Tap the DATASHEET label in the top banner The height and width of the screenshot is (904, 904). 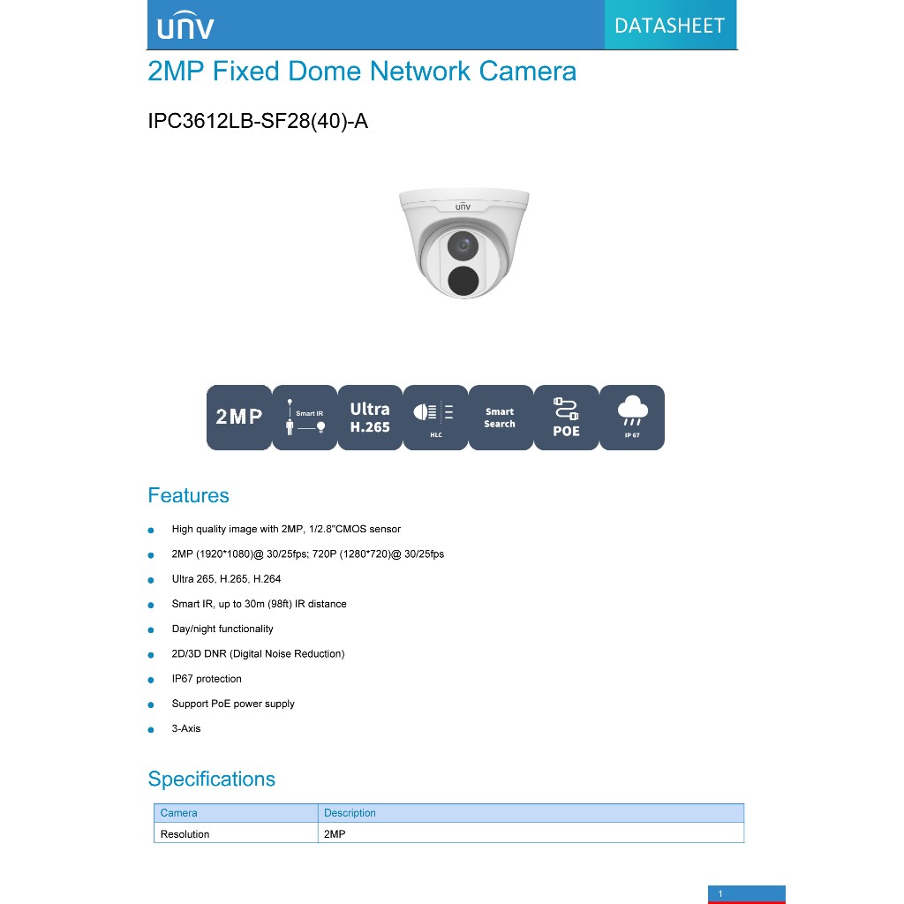point(669,26)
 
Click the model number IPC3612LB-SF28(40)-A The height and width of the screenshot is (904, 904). point(258,121)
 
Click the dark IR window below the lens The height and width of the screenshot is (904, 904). point(463,281)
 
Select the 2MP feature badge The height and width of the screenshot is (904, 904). point(239,418)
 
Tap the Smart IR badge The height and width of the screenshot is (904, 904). point(305,418)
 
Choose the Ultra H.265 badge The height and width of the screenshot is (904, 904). point(370,418)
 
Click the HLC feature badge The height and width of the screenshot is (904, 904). point(435,418)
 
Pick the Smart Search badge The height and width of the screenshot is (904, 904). point(500,418)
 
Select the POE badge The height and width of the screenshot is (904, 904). point(566,418)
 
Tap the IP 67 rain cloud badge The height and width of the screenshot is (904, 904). point(632,418)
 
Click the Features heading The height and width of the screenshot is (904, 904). point(188,495)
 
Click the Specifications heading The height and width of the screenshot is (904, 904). point(211,779)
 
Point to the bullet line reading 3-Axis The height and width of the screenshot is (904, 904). point(186,728)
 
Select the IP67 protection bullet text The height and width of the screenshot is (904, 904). point(207,679)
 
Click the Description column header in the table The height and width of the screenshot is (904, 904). point(350,813)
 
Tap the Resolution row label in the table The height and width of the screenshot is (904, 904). point(185,833)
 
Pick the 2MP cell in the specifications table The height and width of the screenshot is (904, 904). point(335,833)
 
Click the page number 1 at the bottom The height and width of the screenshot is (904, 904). point(721,894)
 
